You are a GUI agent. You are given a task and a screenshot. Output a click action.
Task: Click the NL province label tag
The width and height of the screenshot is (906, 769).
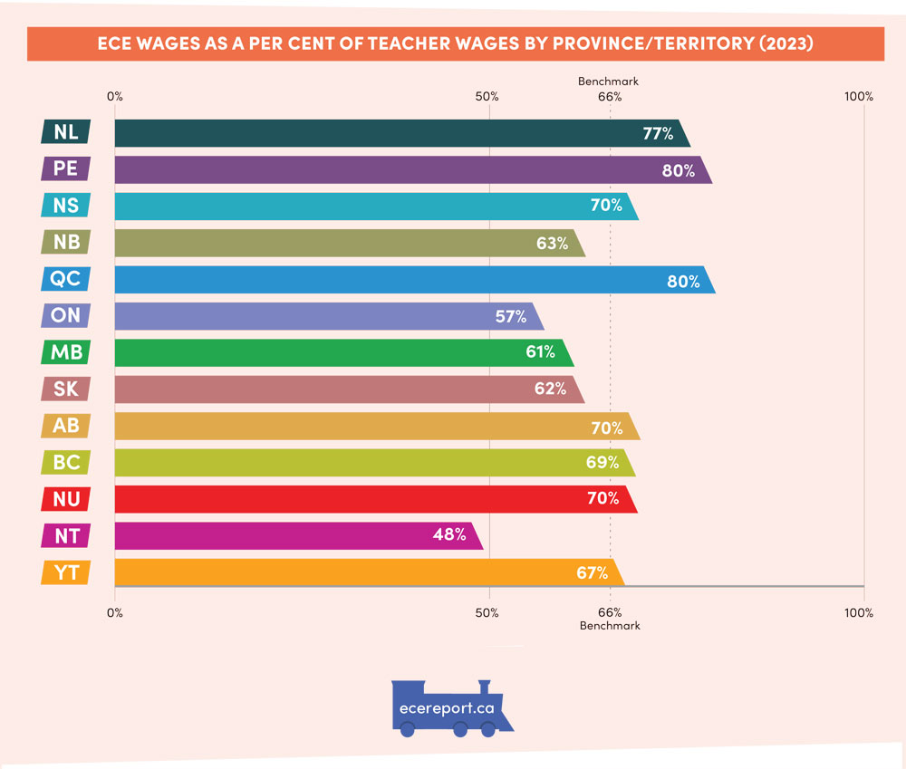click(65, 132)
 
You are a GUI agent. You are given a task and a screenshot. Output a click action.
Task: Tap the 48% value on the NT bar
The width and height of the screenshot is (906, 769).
click(448, 534)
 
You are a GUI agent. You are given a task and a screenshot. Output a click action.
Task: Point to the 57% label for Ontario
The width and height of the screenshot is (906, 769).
click(510, 316)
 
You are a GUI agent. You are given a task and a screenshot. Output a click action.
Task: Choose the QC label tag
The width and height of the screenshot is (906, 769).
click(65, 279)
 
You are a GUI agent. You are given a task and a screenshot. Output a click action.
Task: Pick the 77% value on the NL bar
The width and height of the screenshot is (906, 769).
click(658, 133)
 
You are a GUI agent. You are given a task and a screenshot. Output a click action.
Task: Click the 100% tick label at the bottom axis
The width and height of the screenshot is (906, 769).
click(858, 613)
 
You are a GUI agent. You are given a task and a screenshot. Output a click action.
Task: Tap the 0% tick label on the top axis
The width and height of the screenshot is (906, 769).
click(114, 96)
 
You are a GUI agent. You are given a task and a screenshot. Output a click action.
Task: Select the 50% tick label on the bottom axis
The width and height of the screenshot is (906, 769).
click(487, 613)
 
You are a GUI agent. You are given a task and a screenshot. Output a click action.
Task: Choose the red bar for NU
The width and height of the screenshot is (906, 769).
click(362, 498)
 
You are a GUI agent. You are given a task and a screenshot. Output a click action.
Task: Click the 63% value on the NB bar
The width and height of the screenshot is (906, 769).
click(552, 243)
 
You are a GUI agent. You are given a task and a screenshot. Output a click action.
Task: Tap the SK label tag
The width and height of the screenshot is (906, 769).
click(65, 389)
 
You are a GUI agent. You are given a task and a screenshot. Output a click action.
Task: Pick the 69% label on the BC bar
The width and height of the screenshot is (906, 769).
click(602, 462)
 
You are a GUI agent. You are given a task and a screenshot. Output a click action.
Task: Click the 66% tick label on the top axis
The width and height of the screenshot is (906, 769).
click(609, 96)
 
